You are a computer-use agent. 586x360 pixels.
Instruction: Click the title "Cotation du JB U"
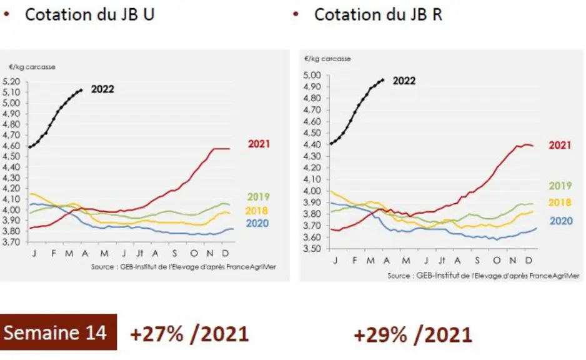(x=89, y=14)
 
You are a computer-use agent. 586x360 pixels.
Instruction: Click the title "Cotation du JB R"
(x=378, y=14)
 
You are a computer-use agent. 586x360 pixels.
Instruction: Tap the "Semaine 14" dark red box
(x=58, y=332)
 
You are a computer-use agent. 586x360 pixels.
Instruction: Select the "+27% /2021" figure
(x=189, y=334)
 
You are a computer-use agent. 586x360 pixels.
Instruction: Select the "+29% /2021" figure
(x=412, y=334)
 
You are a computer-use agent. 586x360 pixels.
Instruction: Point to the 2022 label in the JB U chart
(x=102, y=89)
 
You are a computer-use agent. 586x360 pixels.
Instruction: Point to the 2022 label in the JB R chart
(x=404, y=81)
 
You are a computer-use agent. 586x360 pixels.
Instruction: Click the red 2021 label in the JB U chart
(x=259, y=144)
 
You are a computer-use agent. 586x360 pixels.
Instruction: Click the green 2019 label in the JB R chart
(x=560, y=186)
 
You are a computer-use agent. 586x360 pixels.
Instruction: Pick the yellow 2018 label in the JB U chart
(x=257, y=211)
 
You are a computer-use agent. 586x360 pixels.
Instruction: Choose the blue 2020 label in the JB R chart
(x=561, y=221)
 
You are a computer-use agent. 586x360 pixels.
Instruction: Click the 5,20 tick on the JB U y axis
(x=11, y=81)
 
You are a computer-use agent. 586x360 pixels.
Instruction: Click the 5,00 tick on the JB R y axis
(x=312, y=75)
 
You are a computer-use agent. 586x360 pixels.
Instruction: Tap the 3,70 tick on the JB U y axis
(x=11, y=242)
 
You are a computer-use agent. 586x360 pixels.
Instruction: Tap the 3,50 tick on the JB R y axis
(x=312, y=249)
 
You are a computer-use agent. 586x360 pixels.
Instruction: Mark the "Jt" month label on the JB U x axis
(x=140, y=254)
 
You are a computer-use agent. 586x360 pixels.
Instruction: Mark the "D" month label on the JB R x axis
(x=529, y=260)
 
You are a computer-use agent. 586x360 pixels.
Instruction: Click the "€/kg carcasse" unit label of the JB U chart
(x=32, y=67)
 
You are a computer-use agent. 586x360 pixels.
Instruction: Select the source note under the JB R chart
(x=483, y=276)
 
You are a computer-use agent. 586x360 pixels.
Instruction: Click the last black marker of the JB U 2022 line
(x=81, y=90)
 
